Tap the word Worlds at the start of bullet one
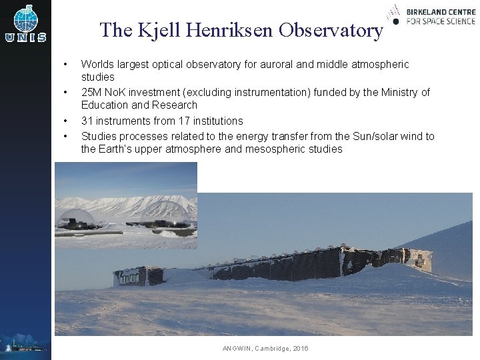(97, 65)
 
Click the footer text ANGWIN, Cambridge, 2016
(265, 349)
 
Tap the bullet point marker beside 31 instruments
(65, 121)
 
